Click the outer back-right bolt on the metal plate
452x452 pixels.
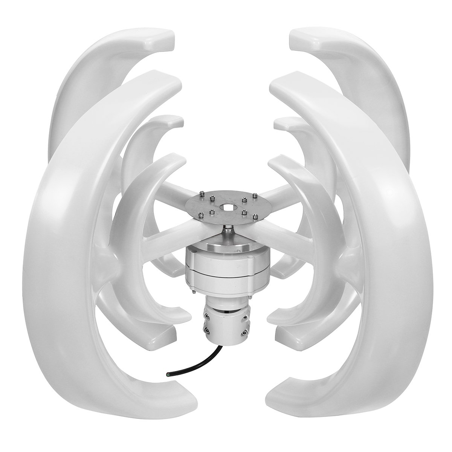(255, 195)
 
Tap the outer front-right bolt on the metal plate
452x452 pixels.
(255, 216)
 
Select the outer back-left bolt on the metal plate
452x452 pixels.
(202, 194)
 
